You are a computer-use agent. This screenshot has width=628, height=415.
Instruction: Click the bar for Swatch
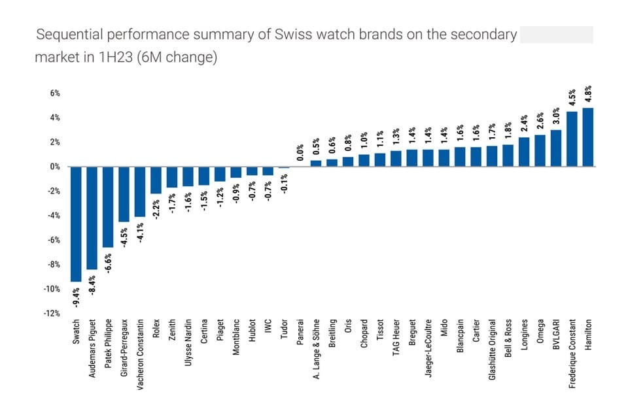pyautogui.click(x=77, y=224)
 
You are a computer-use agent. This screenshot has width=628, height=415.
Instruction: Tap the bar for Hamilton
pyautogui.click(x=588, y=137)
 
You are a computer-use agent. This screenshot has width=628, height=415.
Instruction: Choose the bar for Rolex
pyautogui.click(x=156, y=180)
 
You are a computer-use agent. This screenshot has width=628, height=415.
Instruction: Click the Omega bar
pyautogui.click(x=540, y=151)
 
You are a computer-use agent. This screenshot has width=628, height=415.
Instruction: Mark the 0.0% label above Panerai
pyautogui.click(x=300, y=152)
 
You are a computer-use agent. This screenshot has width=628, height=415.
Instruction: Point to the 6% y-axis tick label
pyautogui.click(x=54, y=93)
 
